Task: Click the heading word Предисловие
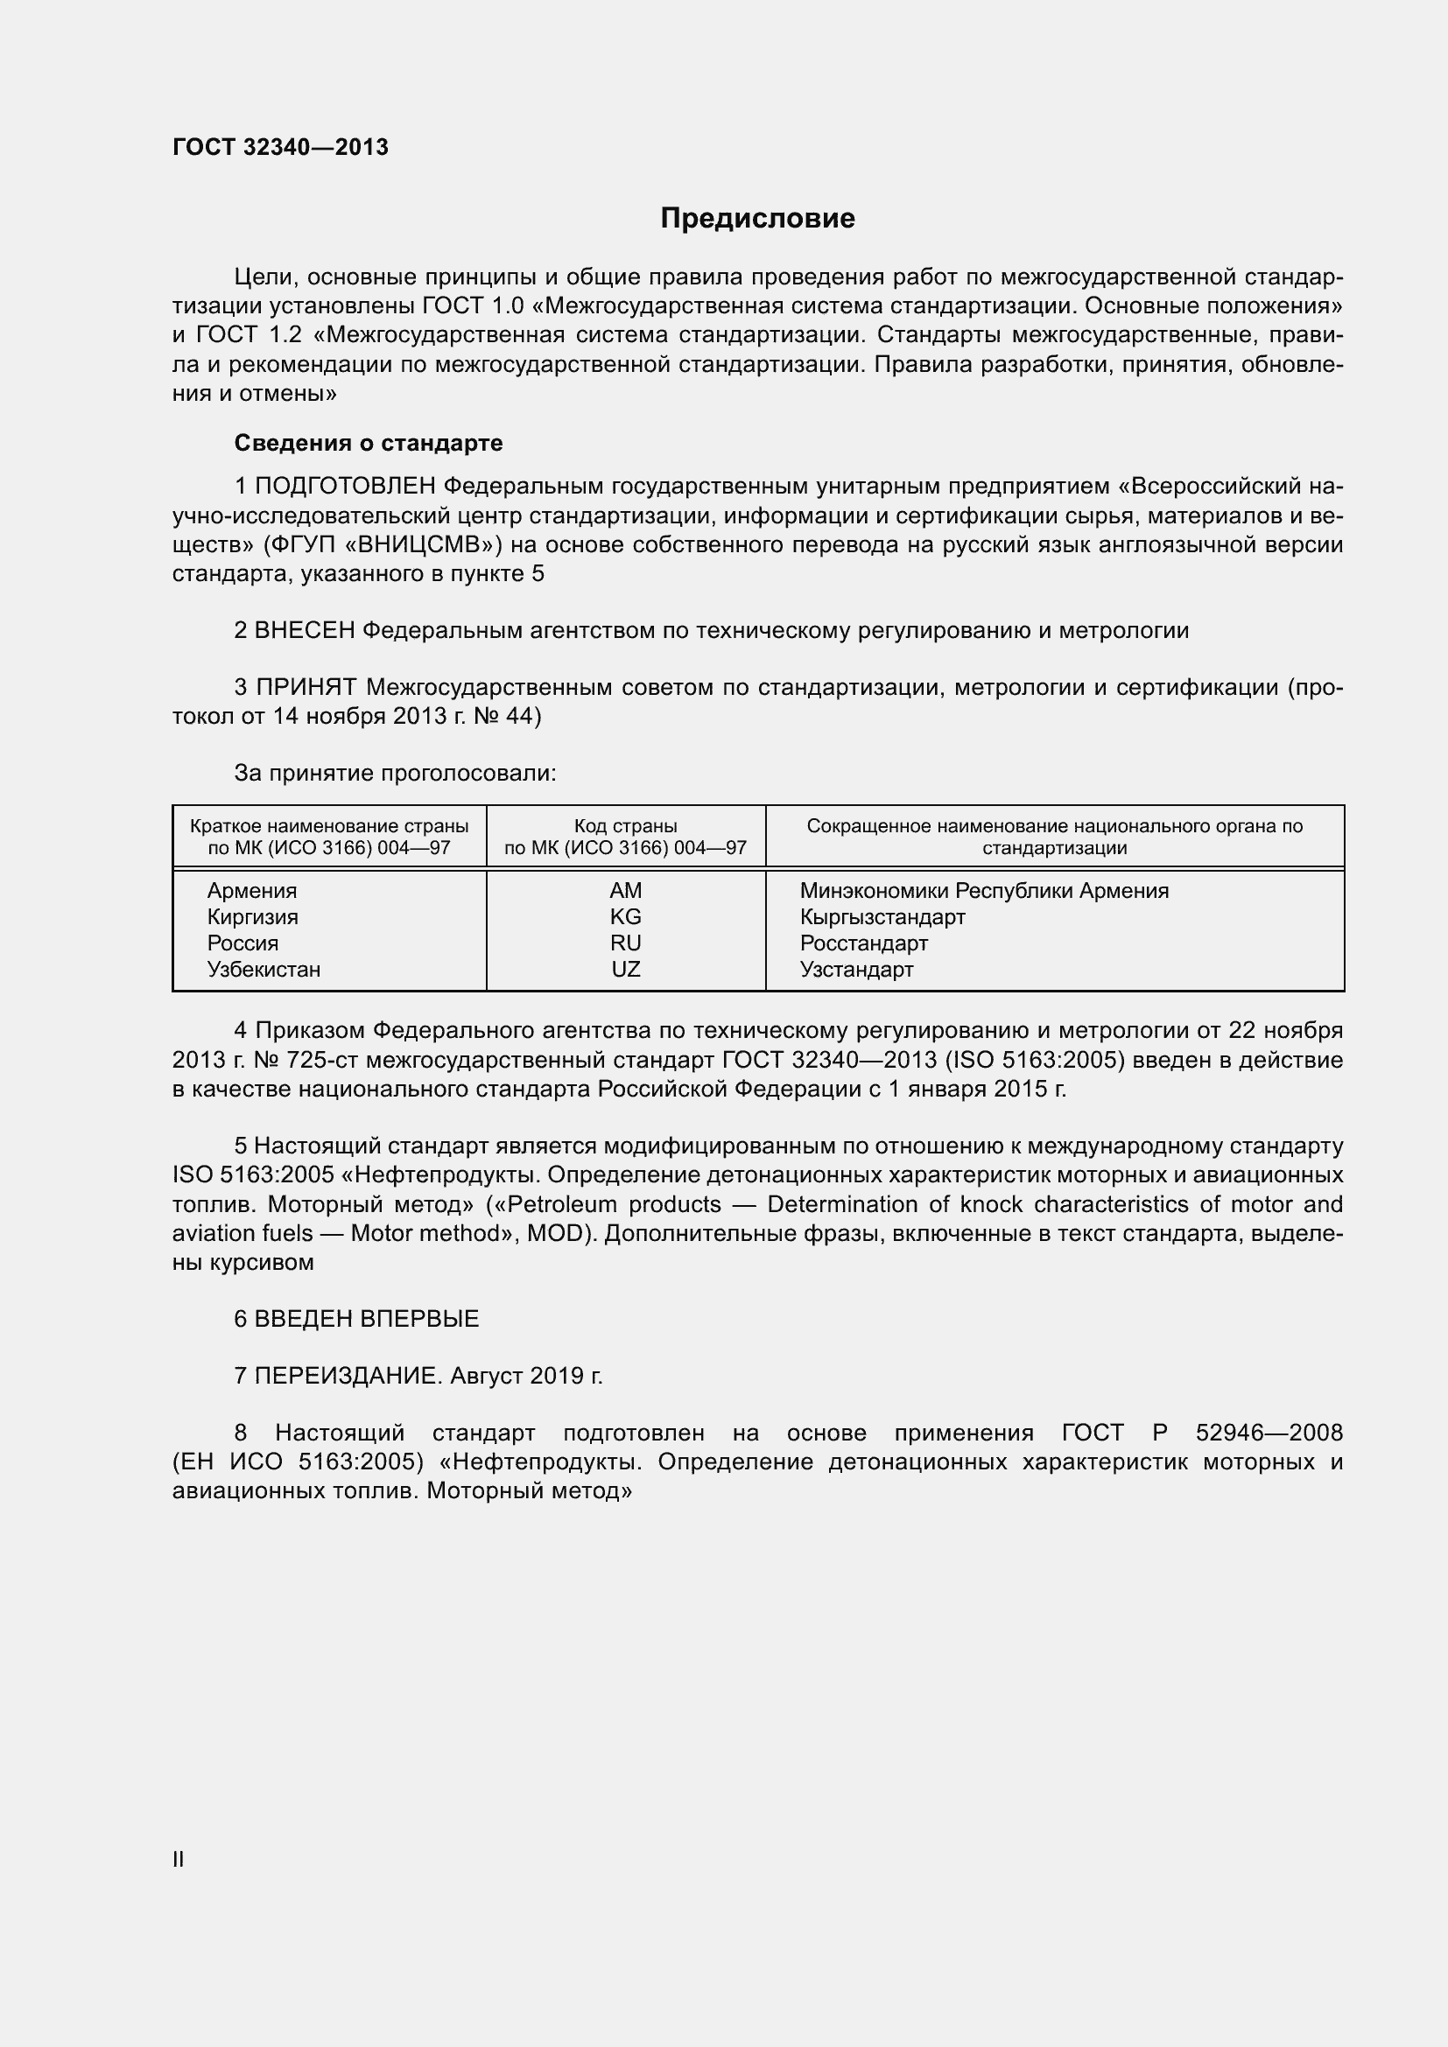757,219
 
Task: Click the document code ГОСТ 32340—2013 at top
280,148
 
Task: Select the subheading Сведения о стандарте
369,443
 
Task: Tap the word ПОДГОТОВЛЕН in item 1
345,487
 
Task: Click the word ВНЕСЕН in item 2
304,631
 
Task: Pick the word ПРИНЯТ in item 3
306,687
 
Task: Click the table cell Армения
252,891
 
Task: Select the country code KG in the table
625,916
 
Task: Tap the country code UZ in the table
625,969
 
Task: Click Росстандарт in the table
863,943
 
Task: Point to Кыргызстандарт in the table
882,916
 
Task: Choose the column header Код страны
625,826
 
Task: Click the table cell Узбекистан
264,969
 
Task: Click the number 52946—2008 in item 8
1268,1433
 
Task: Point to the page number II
179,1860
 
